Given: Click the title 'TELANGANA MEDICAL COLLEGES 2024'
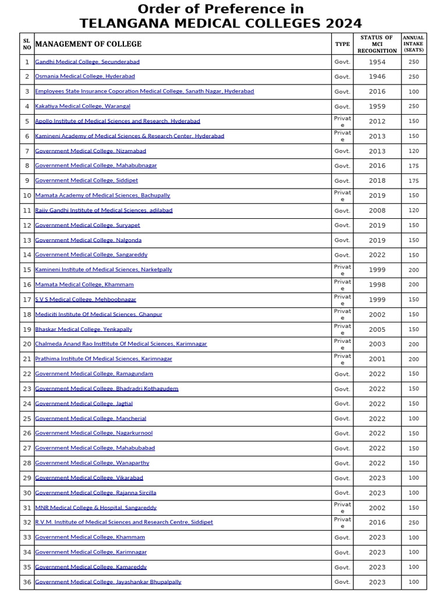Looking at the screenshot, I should tap(221, 23).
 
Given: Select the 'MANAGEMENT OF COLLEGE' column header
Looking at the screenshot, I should tap(88, 44).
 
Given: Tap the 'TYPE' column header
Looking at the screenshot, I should tap(342, 44).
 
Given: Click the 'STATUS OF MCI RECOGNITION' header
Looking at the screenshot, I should tap(377, 44).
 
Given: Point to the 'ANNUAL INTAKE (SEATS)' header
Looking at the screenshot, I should tap(413, 44).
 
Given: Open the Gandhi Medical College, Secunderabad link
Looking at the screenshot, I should tap(87, 62).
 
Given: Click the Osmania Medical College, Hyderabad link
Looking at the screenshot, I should tap(85, 76).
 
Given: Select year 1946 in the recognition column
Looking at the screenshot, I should tap(377, 77).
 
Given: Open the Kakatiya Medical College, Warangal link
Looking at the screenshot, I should tap(83, 107).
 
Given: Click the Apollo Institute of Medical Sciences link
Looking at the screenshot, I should tap(118, 121).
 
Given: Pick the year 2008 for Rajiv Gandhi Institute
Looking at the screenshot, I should tap(377, 211).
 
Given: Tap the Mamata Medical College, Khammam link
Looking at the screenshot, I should tap(84, 285).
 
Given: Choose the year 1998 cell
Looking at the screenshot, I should tap(377, 285).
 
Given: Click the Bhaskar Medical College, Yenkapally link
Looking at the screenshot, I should tap(84, 329).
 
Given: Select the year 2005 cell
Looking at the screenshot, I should tap(377, 329).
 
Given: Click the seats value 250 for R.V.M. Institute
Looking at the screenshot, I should tap(413, 523).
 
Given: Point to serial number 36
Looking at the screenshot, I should tap(27, 582).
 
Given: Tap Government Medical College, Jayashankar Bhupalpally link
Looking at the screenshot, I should tap(108, 582).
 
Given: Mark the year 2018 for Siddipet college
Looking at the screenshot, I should tap(377, 181).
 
